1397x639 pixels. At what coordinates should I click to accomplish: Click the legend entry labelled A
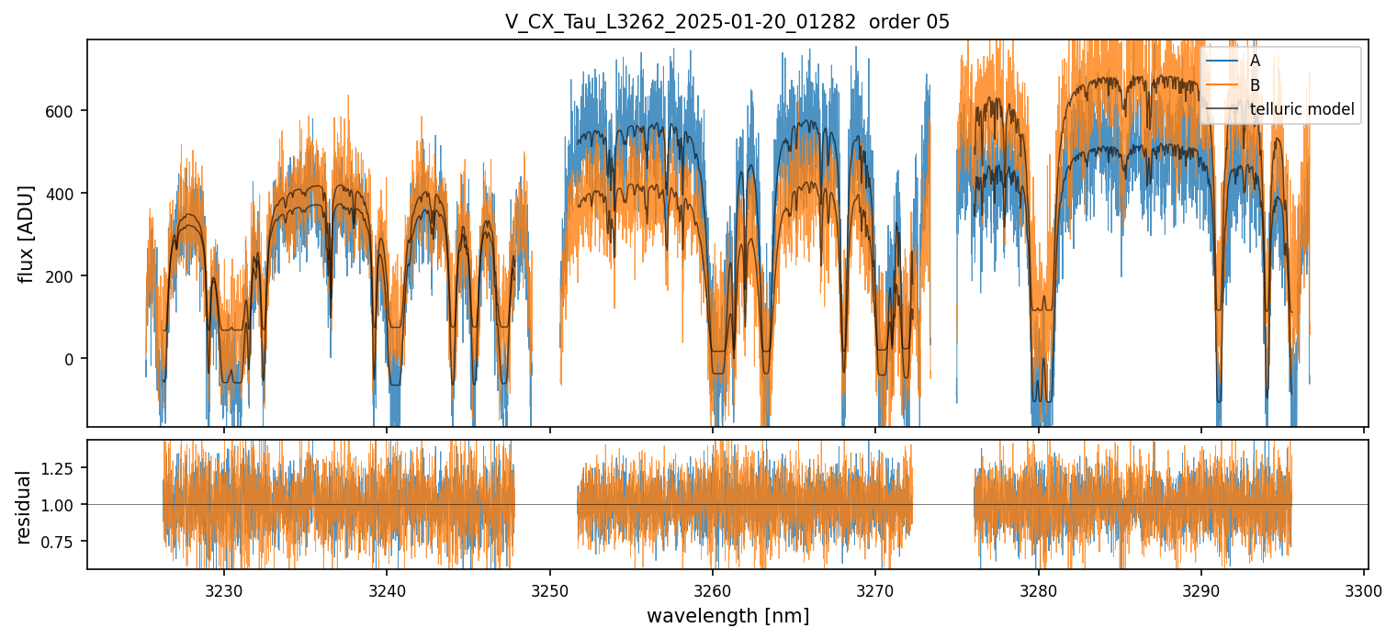point(1255,61)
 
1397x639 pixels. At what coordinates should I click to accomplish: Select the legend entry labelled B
point(1255,85)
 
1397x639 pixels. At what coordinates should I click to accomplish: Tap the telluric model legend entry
point(1301,110)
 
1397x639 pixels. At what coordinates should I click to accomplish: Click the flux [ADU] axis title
point(27,233)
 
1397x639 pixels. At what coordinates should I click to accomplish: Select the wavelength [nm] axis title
point(727,615)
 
